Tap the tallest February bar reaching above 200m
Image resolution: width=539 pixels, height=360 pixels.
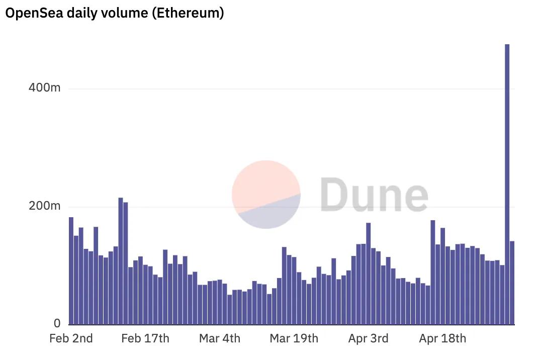(x=121, y=261)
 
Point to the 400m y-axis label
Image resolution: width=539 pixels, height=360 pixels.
(x=44, y=88)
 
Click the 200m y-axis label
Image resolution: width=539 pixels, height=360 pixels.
(x=44, y=206)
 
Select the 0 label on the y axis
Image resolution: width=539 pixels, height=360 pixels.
(x=57, y=323)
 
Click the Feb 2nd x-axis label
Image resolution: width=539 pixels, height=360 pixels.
(x=71, y=338)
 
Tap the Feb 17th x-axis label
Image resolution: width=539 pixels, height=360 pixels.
(x=145, y=338)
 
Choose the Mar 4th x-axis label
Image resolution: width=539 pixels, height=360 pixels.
(x=220, y=338)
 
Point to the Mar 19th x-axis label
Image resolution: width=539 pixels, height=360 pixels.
(x=294, y=338)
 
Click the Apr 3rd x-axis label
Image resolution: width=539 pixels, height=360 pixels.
(x=368, y=338)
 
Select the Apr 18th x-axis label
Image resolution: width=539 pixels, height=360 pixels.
(x=442, y=338)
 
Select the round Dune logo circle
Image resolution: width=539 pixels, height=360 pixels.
(x=266, y=195)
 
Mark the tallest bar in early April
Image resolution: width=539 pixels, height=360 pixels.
(x=368, y=274)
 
